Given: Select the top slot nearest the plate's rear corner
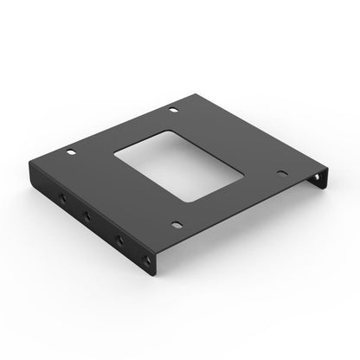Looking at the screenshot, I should coord(173,108).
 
